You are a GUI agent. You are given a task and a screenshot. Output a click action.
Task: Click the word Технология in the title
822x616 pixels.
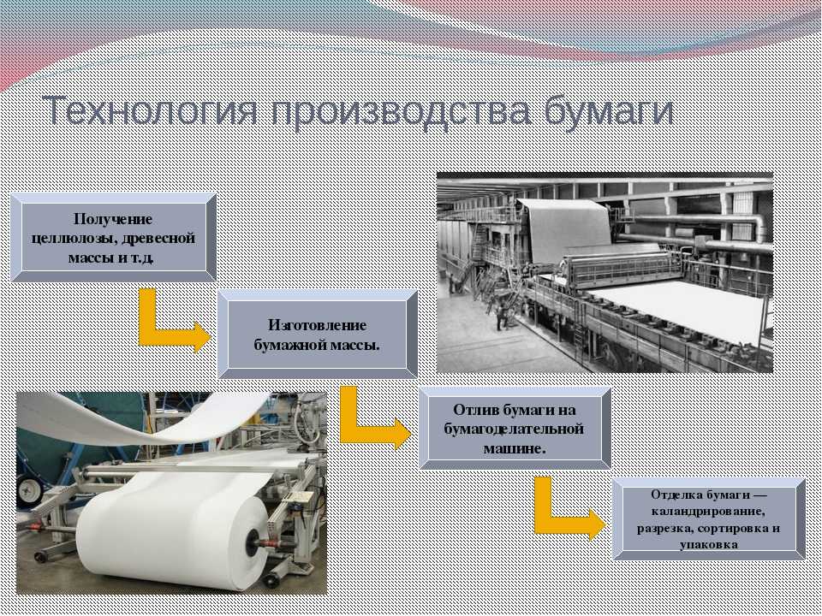(150, 110)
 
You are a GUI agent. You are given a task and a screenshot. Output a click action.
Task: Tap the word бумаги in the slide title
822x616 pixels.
(609, 111)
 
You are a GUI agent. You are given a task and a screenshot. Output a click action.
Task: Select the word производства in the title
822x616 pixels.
(401, 111)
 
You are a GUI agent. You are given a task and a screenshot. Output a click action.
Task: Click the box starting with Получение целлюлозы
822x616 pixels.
(113, 237)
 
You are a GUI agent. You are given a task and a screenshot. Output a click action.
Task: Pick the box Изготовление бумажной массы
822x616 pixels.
(317, 335)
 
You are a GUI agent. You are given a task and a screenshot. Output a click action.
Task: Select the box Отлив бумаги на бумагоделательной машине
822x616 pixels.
(515, 428)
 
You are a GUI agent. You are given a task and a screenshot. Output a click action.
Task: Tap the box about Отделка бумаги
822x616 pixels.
(709, 519)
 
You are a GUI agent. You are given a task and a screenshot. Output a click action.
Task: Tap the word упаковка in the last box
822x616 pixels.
(709, 545)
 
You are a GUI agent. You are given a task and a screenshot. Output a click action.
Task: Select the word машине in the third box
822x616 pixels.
(515, 449)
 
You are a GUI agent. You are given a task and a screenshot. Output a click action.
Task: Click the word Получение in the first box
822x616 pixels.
(113, 218)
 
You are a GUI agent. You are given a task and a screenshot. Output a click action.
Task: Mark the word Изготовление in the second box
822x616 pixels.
(317, 325)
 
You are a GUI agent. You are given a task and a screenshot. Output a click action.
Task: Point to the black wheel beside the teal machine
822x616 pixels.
(29, 492)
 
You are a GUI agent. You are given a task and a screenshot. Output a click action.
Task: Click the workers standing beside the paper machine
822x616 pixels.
(502, 317)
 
